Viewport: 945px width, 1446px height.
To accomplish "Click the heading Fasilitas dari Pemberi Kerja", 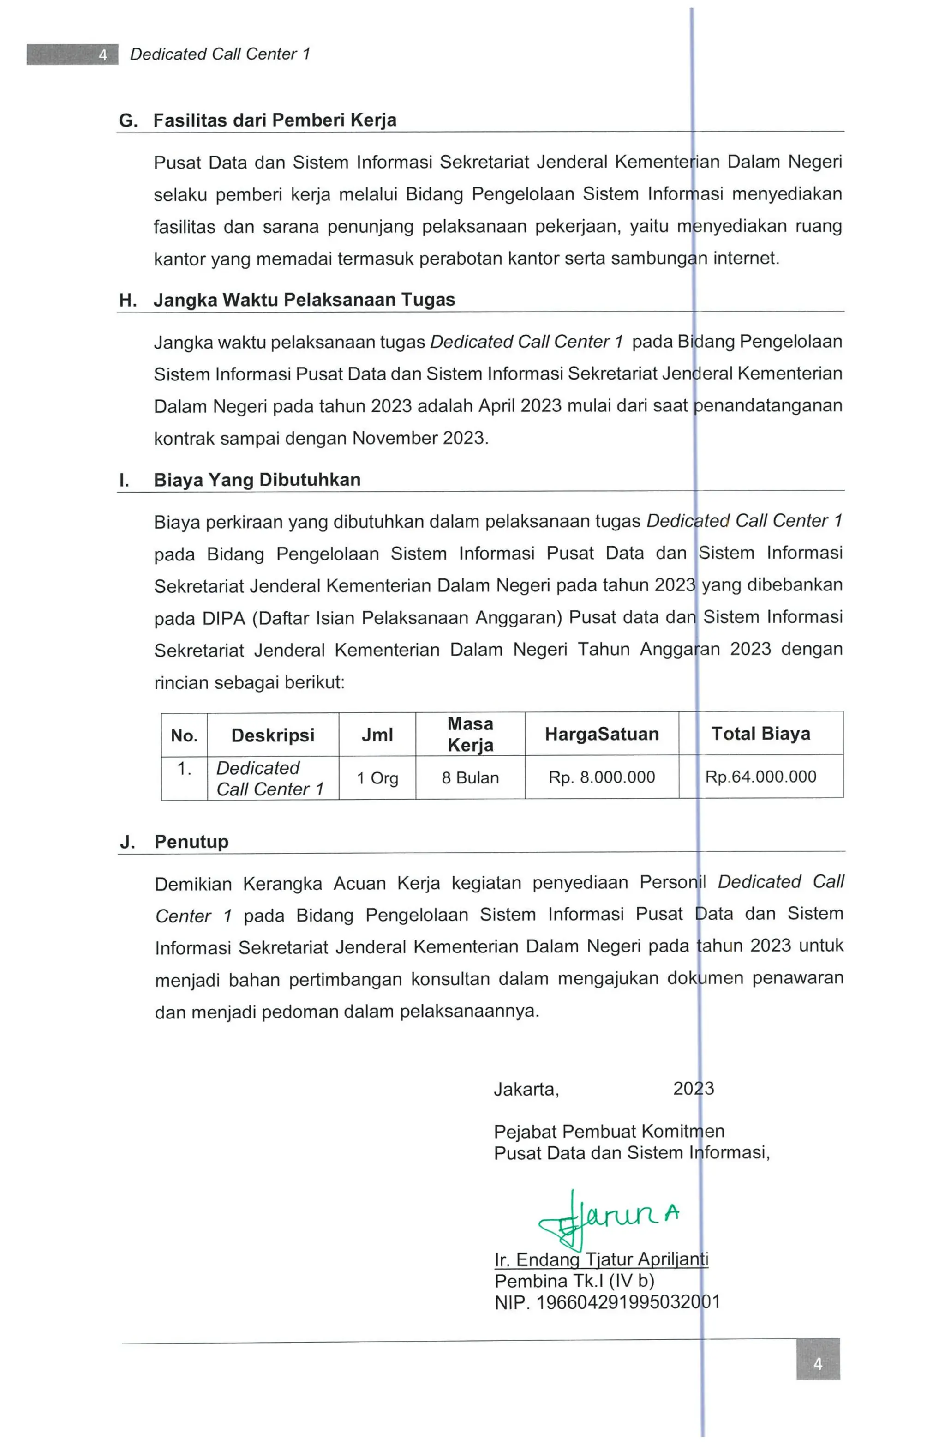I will pyautogui.click(x=275, y=120).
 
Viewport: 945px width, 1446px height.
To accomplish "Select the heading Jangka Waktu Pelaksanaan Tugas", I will pyautogui.click(x=304, y=300).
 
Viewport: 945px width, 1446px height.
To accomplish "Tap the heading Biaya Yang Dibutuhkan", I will pyautogui.click(x=257, y=480).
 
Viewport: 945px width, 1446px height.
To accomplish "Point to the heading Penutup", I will pyautogui.click(x=191, y=842).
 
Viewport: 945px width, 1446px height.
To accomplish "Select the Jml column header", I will pyautogui.click(x=377, y=735).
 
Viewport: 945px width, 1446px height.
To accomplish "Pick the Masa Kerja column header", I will pyautogui.click(x=470, y=734).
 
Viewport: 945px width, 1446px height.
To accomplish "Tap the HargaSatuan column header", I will pyautogui.click(x=601, y=734).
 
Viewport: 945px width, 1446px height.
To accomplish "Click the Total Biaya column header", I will pyautogui.click(x=760, y=733).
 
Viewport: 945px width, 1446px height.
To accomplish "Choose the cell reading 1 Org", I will pyautogui.click(x=377, y=778).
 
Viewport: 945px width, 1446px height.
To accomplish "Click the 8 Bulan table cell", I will pyautogui.click(x=470, y=777).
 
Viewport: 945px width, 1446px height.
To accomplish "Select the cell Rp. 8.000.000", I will pyautogui.click(x=601, y=777).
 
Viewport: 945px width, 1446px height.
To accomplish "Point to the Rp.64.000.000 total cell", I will pyautogui.click(x=760, y=777).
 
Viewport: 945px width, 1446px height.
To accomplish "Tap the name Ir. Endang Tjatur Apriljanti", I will pyautogui.click(x=601, y=1259).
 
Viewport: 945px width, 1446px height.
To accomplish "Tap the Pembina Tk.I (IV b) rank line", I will pyautogui.click(x=574, y=1281).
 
